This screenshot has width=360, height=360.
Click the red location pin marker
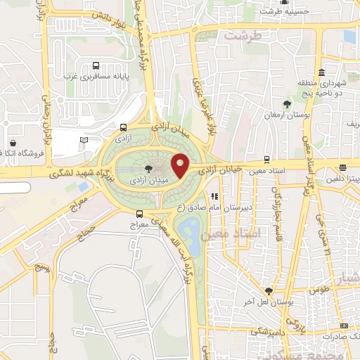click(181, 165)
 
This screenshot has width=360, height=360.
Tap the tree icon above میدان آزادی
click(148, 169)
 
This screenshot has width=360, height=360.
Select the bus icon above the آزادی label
click(124, 127)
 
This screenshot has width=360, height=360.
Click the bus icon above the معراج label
click(140, 214)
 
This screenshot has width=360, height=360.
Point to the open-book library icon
click(84, 140)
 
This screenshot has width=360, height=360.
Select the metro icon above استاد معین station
click(266, 159)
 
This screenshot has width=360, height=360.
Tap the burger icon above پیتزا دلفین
click(342, 167)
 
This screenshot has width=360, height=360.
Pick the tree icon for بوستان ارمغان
click(286, 104)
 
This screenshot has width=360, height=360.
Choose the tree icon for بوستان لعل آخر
click(268, 290)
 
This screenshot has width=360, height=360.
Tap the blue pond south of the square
click(188, 229)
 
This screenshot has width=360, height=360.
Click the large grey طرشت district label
click(243, 34)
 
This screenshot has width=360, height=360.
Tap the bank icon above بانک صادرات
click(342, 326)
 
